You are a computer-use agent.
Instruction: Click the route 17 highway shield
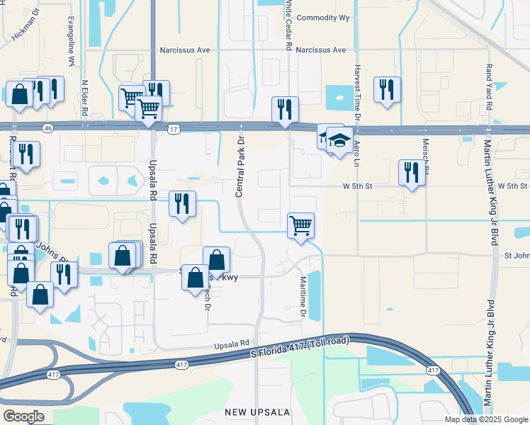(x=175, y=129)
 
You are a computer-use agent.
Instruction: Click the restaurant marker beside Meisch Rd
(x=412, y=173)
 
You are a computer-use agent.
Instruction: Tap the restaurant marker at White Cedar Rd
(x=285, y=109)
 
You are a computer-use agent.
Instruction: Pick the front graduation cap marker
(x=340, y=140)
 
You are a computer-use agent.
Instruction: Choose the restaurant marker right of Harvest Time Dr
(x=387, y=89)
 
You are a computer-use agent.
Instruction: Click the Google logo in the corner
(x=23, y=416)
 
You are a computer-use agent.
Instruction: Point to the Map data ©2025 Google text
(x=485, y=419)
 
